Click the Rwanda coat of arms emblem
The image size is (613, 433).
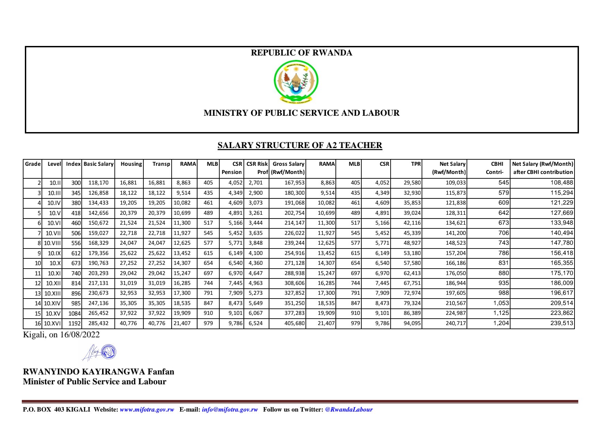tap(296, 82)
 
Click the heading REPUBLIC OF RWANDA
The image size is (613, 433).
tap(301, 53)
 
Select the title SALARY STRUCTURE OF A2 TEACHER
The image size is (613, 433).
tap(300, 145)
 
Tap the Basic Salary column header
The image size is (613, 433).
tap(98, 164)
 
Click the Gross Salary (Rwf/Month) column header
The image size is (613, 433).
tap(288, 168)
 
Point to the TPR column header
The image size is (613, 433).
tap(415, 164)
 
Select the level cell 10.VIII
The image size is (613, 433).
tap(52, 243)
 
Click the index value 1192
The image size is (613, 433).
tap(75, 323)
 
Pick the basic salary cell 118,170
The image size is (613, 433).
tap(98, 183)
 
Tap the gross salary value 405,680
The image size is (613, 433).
tap(294, 323)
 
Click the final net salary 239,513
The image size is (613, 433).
tap(562, 323)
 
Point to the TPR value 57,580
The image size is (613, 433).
tap(412, 263)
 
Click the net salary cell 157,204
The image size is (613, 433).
tap(456, 253)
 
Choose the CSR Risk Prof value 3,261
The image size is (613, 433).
tap(255, 213)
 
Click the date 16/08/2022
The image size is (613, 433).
tap(80, 335)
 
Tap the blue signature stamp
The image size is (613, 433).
tap(109, 352)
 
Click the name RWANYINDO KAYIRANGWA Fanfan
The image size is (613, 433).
tap(98, 371)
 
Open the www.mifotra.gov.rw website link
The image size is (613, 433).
tap(147, 410)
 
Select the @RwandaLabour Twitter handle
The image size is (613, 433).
tap(349, 410)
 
